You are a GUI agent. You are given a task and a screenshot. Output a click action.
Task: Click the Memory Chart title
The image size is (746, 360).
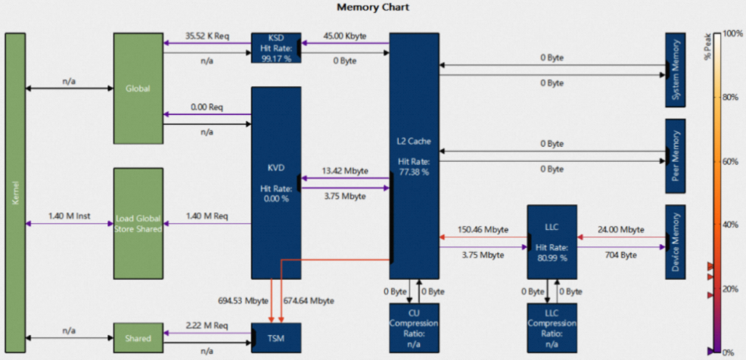coord(372,8)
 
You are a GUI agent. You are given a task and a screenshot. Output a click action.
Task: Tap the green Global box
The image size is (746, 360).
coord(138,88)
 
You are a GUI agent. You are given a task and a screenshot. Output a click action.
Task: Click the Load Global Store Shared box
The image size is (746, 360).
coord(138,223)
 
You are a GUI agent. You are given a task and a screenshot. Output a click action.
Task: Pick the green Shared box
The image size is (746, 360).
coord(138,337)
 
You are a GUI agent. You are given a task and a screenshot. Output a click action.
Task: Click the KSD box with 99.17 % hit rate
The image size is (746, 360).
coord(275,48)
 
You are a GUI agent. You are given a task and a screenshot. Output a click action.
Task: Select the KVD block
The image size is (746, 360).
coord(275,182)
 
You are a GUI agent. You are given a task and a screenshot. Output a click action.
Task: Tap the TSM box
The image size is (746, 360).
coord(275,337)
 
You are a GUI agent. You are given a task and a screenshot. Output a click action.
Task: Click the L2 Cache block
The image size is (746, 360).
coord(414,156)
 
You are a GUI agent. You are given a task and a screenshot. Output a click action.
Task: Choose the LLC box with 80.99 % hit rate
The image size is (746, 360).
coord(552,241)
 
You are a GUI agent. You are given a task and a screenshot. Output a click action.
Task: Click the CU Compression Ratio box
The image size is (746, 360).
coord(414,327)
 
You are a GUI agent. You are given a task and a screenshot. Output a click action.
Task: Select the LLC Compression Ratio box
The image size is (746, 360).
coord(552,327)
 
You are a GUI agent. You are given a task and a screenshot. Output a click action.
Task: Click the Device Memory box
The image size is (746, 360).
coord(675,241)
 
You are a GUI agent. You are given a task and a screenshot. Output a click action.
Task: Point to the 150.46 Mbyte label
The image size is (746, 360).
coord(483,229)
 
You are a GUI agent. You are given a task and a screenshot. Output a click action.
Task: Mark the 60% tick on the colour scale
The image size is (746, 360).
coord(729,161)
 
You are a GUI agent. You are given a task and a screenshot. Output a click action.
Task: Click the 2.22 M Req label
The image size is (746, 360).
coord(207,324)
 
